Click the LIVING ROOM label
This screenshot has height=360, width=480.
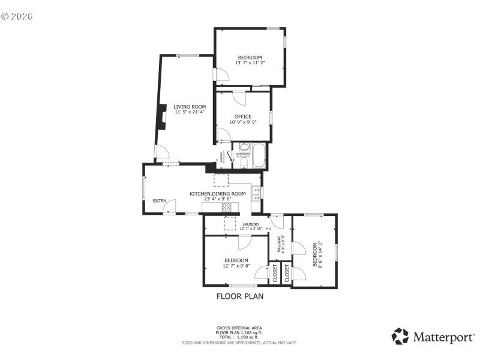pos(190,107)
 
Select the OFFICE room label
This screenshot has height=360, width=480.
pos(243,116)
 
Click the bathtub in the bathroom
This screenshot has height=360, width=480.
pos(259,156)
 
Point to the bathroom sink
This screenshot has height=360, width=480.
pos(244,147)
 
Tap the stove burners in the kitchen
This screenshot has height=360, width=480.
pos(228,208)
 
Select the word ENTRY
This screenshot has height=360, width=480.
pos(160,201)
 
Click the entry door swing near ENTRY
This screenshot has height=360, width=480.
pos(170,207)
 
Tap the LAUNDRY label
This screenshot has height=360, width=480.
pos(251,224)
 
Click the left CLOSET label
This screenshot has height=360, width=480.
pos(275,273)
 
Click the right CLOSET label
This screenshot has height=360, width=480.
pos(287,273)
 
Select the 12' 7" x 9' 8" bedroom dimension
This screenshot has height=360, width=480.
pos(236,265)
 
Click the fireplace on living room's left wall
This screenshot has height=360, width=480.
pos(161,117)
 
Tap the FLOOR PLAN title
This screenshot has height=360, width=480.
pos(240,296)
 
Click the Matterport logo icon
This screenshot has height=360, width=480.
pos(400,336)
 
